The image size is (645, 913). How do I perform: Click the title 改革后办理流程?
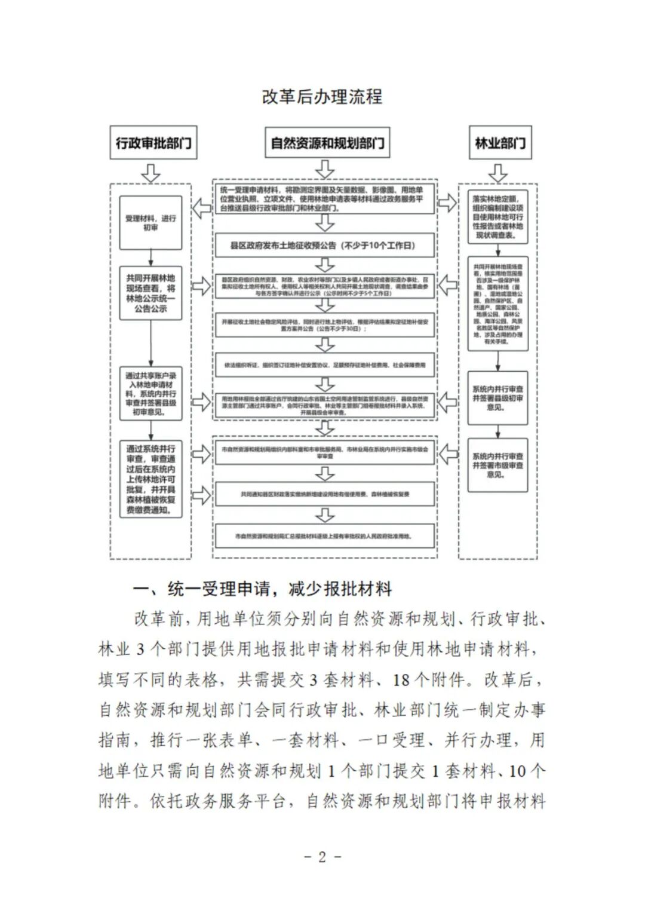click(322, 97)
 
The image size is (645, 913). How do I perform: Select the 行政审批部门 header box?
click(153, 143)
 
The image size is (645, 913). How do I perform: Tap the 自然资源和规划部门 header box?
click(327, 143)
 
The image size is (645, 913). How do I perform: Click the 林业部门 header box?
click(500, 143)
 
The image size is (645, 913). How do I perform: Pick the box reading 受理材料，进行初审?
click(150, 223)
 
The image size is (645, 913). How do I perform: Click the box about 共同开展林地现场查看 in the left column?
click(150, 293)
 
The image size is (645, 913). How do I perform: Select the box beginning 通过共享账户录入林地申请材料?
click(150, 394)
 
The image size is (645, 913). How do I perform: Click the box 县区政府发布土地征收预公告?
click(324, 245)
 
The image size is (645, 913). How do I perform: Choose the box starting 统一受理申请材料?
click(324, 200)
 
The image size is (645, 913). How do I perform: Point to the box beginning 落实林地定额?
click(497, 217)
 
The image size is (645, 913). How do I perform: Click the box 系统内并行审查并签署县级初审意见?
click(497, 398)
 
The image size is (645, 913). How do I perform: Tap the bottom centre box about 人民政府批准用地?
click(324, 537)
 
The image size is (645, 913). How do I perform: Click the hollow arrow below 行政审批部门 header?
click(151, 173)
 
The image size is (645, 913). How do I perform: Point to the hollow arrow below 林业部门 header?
click(497, 173)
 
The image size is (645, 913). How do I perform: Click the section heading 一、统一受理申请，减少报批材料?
click(262, 589)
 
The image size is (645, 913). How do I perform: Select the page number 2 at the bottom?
click(322, 857)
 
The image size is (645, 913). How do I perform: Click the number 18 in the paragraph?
click(401, 680)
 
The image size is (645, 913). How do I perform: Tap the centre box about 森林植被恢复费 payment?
click(324, 494)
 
